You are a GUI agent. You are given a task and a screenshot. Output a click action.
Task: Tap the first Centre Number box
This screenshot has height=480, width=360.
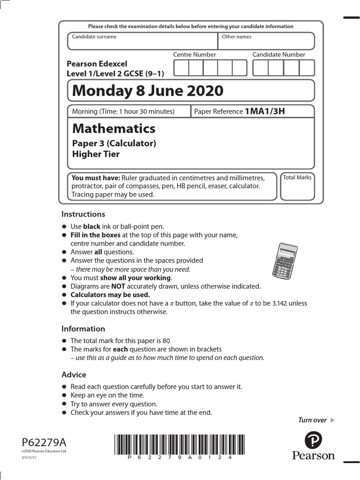(x=181, y=68)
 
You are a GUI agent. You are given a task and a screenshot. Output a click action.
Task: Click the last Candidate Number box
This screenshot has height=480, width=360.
(x=307, y=68)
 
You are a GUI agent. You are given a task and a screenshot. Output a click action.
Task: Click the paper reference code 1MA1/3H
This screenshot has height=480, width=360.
(x=265, y=111)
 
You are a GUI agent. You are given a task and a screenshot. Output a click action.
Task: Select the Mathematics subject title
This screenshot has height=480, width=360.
(x=113, y=128)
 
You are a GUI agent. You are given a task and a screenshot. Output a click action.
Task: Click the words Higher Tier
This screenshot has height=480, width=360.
(x=96, y=154)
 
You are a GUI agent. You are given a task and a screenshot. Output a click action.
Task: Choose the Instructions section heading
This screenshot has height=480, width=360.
(x=83, y=214)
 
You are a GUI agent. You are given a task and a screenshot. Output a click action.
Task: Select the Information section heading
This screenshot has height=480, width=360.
(x=83, y=329)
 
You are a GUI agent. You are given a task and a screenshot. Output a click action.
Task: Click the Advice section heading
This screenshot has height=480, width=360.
(x=74, y=375)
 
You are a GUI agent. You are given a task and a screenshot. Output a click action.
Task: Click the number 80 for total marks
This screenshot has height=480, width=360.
(x=160, y=341)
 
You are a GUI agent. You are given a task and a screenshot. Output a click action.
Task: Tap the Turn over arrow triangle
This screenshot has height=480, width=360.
(x=333, y=420)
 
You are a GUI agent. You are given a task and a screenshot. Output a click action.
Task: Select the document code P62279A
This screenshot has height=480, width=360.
(x=44, y=442)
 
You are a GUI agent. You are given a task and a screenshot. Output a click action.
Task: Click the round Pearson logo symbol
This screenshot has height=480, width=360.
(x=313, y=441)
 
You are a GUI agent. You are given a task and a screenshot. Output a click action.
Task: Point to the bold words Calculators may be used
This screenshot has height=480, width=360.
(x=110, y=295)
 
